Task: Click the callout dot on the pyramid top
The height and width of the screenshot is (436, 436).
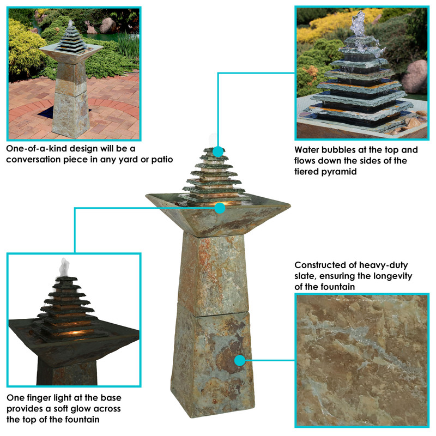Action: (x=218, y=152)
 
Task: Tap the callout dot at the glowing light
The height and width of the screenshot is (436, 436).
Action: (x=220, y=207)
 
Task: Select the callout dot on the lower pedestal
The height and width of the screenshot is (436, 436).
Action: (x=239, y=360)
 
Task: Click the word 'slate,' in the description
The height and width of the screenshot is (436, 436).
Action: (x=307, y=276)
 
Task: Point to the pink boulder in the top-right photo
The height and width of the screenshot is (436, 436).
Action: (x=415, y=76)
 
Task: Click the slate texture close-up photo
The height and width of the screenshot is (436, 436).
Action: (x=362, y=360)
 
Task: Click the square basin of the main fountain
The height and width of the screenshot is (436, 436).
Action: (x=218, y=215)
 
